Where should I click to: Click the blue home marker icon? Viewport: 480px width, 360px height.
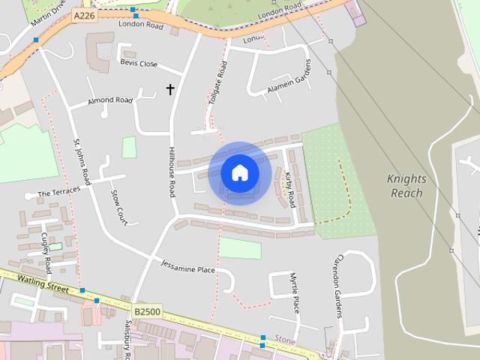point(240,173)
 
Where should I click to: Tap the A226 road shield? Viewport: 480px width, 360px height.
point(85,15)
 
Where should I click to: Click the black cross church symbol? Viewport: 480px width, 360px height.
point(170,90)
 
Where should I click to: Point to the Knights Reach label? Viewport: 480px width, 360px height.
point(406,185)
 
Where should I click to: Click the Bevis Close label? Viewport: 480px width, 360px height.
point(139,64)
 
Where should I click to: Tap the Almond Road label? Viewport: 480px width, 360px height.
point(110,100)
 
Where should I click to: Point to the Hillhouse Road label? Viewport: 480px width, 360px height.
point(172,172)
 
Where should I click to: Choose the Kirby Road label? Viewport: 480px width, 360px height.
point(289,189)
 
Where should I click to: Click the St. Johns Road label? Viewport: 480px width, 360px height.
point(82,161)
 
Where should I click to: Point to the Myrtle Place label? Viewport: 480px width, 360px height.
point(295,293)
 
